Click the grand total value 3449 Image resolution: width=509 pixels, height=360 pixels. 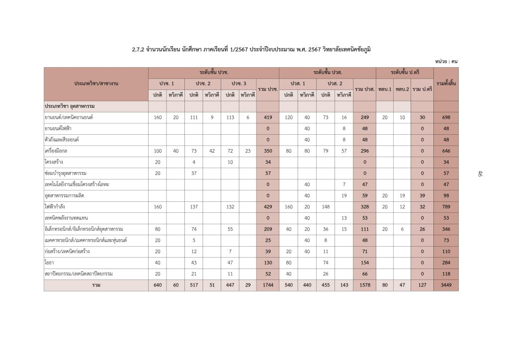446,285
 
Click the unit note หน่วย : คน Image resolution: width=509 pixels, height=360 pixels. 446,61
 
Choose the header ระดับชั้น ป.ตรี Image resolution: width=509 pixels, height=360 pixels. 405,72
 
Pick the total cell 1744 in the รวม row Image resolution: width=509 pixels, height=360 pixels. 267,285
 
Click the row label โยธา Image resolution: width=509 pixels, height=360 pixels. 49,263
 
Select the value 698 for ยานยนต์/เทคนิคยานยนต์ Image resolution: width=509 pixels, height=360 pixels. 446,117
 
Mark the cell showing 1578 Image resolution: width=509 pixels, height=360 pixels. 364,285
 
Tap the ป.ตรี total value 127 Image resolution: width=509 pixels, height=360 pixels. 422,285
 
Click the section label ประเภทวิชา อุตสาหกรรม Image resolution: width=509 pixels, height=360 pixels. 70,106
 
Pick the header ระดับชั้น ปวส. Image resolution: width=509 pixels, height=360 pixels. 327,72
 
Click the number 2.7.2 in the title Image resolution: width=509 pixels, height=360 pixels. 138,50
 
